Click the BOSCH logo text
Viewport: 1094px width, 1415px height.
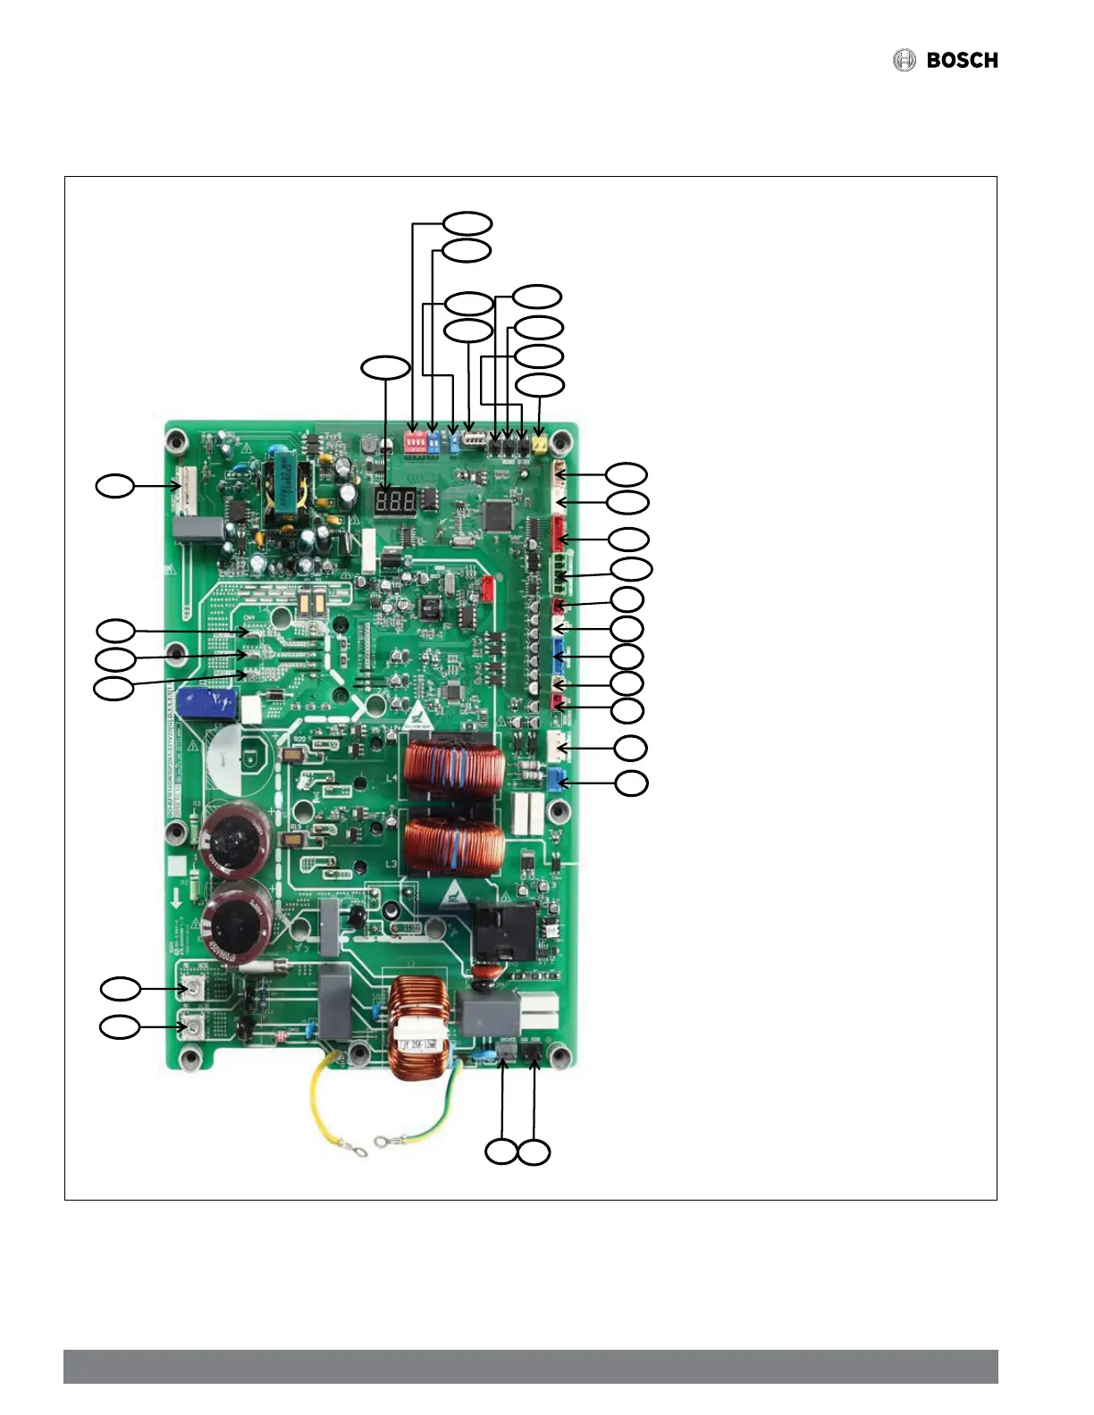click(962, 61)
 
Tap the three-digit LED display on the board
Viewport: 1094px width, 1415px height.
click(394, 501)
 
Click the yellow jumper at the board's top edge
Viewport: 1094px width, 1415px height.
click(539, 444)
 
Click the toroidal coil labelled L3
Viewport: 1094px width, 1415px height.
click(455, 848)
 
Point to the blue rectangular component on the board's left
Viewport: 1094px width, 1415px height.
click(206, 704)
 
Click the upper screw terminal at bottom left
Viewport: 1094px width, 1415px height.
click(190, 988)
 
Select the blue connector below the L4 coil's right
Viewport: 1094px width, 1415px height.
click(558, 780)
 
